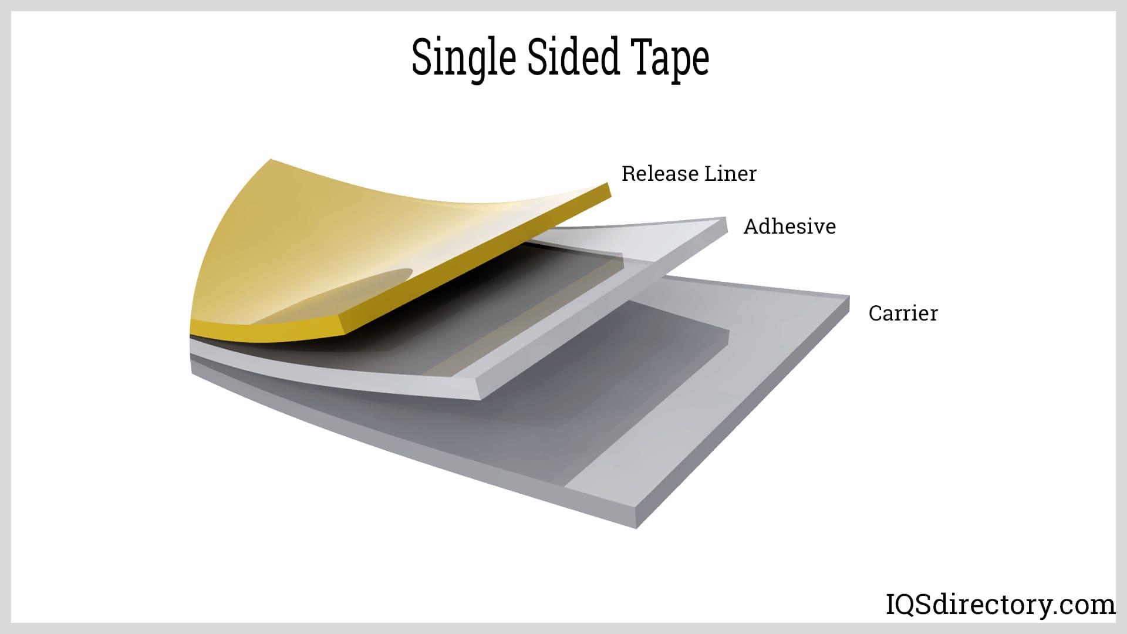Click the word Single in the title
[463, 58]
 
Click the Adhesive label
[789, 227]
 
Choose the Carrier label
[903, 313]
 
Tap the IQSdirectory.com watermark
[1000, 604]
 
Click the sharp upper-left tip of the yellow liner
[271, 160]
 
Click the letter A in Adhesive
[751, 227]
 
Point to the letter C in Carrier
[875, 313]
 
